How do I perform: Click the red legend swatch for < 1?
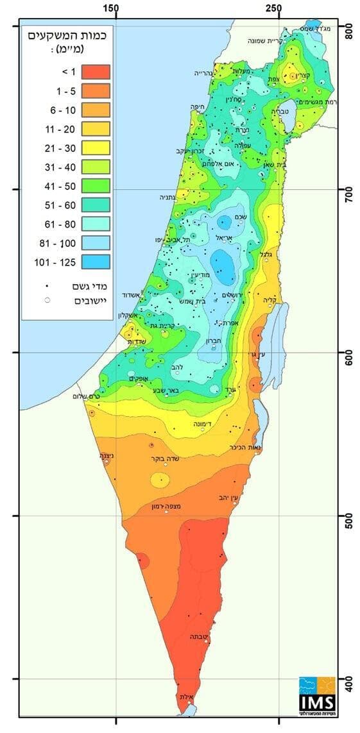95,71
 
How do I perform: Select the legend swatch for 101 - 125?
95,262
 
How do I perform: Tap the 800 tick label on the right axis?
349,32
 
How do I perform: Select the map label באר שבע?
167,389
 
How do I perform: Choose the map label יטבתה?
198,637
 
